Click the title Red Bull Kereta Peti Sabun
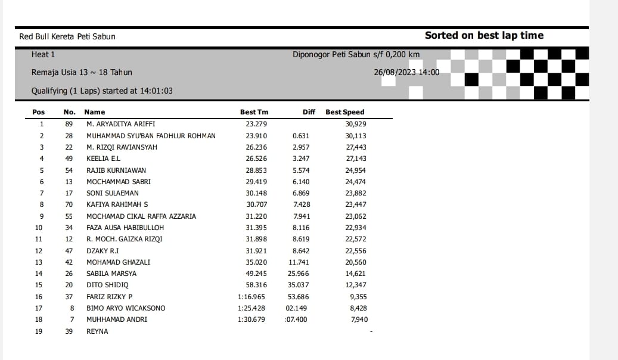67,36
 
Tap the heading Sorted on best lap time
484,35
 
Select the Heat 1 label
43,55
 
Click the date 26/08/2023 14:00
406,72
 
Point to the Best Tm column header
254,112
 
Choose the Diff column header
309,112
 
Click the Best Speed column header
344,112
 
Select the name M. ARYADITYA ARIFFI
120,124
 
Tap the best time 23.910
256,136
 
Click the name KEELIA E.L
103,159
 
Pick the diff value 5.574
301,170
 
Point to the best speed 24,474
356,182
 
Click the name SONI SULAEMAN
112,193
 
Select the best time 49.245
256,274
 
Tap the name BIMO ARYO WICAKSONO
126,308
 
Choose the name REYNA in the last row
97,331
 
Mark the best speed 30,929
356,124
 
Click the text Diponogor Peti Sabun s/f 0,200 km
356,55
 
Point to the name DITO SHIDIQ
107,285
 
